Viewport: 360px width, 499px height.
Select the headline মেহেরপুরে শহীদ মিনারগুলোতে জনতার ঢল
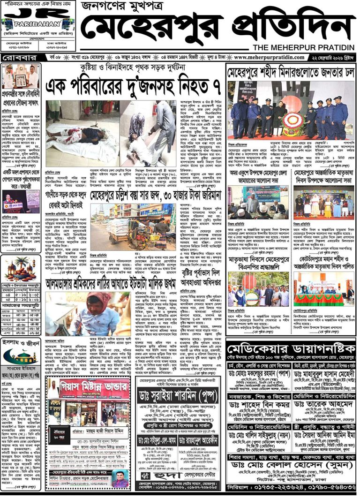click(x=291, y=73)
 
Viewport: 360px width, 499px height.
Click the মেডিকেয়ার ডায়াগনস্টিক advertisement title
click(x=290, y=349)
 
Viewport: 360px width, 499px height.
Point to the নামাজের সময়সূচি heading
click(x=22, y=304)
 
